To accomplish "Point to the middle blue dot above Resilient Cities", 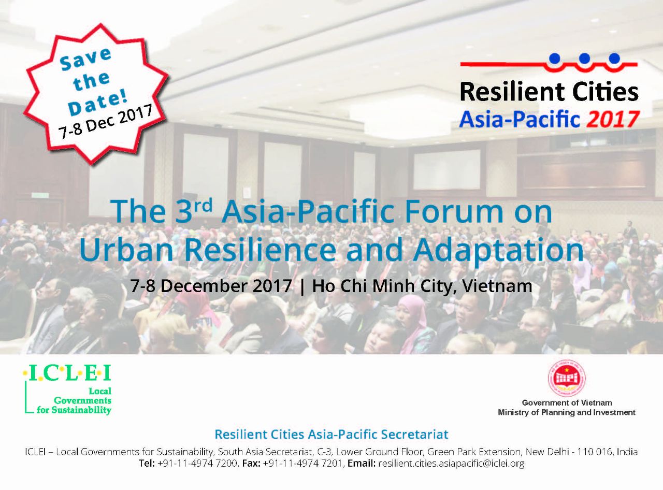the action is (584, 59).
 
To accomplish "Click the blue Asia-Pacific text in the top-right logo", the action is (519, 119).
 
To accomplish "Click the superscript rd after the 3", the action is (203, 205).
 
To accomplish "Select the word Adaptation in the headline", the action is (498, 251).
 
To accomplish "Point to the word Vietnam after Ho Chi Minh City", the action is (497, 286).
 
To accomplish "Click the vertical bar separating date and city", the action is (302, 287).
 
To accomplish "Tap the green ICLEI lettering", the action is (67, 373).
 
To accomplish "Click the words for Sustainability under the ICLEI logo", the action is (74, 410).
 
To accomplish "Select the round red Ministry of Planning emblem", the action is (567, 379).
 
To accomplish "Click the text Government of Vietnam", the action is (567, 402).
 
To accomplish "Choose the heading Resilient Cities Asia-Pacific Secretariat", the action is (331, 435).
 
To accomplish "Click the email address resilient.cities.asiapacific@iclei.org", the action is (451, 464).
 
